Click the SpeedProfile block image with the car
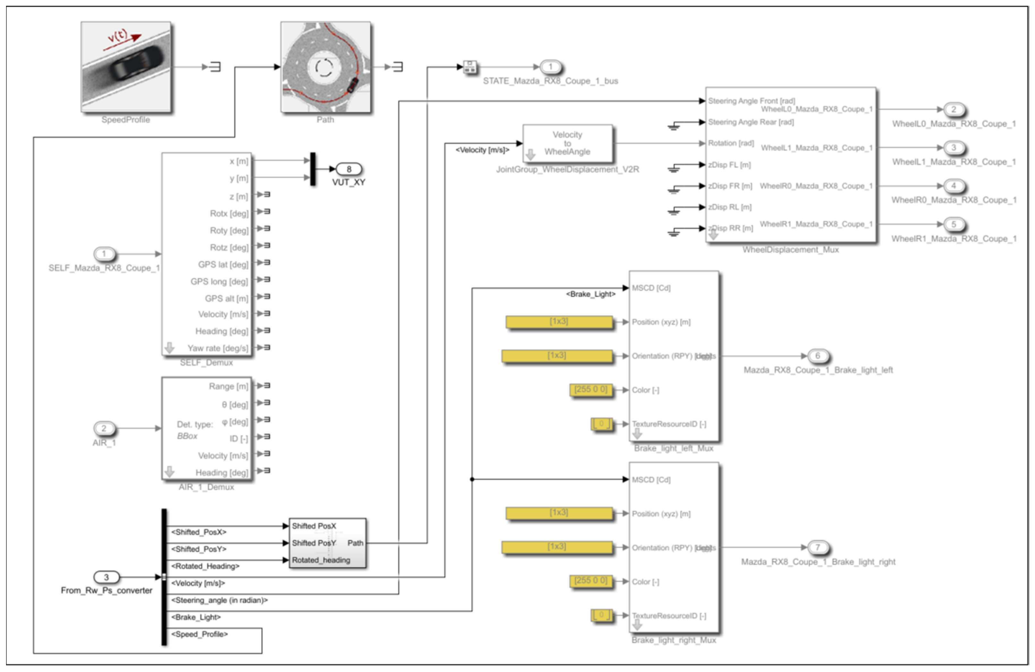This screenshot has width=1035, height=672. point(126,66)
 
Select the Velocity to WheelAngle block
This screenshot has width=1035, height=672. point(567,143)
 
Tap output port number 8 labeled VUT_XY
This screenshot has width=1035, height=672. point(349,169)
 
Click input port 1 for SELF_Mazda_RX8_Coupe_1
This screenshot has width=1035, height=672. point(104,254)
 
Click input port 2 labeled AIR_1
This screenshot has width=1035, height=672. point(104,429)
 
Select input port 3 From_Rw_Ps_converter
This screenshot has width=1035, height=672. point(106,577)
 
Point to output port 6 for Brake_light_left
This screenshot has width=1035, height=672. point(818,356)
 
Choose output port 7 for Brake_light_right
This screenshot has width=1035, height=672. point(818,547)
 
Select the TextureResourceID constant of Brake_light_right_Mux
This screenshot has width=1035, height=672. point(601,615)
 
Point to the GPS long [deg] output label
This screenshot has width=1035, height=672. point(219,281)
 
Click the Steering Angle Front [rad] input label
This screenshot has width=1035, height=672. point(751,101)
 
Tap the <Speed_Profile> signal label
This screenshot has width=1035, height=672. point(199,634)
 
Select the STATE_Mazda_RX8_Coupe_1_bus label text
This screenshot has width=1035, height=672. point(550,81)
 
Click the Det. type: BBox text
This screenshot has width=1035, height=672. point(194,430)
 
